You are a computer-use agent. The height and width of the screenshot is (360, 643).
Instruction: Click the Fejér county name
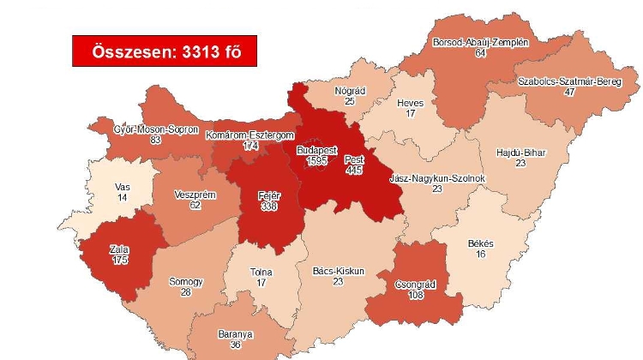tap(270, 195)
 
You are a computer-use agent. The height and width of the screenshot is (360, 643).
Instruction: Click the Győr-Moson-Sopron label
tap(156, 129)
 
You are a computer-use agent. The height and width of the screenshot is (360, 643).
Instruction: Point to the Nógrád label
tap(351, 90)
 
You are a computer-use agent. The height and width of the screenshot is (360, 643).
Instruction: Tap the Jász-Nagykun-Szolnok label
tap(438, 178)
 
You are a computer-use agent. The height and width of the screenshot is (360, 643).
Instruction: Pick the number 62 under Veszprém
tap(194, 206)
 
